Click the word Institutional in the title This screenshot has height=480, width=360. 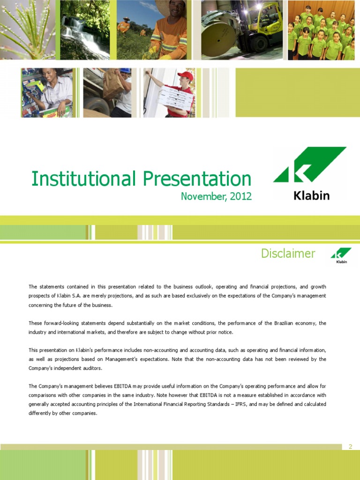(83, 179)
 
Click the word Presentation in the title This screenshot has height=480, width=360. (197, 179)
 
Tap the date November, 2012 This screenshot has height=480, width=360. (216, 196)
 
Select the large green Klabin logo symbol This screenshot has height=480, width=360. (309, 165)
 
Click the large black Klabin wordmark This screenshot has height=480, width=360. (312, 195)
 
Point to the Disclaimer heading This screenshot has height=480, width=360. (288, 253)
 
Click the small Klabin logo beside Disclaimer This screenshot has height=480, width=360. (341, 255)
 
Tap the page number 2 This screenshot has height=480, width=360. (351, 447)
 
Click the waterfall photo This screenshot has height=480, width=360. (85, 30)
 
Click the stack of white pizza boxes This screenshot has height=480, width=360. (176, 97)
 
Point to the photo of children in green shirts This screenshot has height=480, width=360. (321, 30)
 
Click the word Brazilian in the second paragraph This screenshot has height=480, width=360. (284, 323)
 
